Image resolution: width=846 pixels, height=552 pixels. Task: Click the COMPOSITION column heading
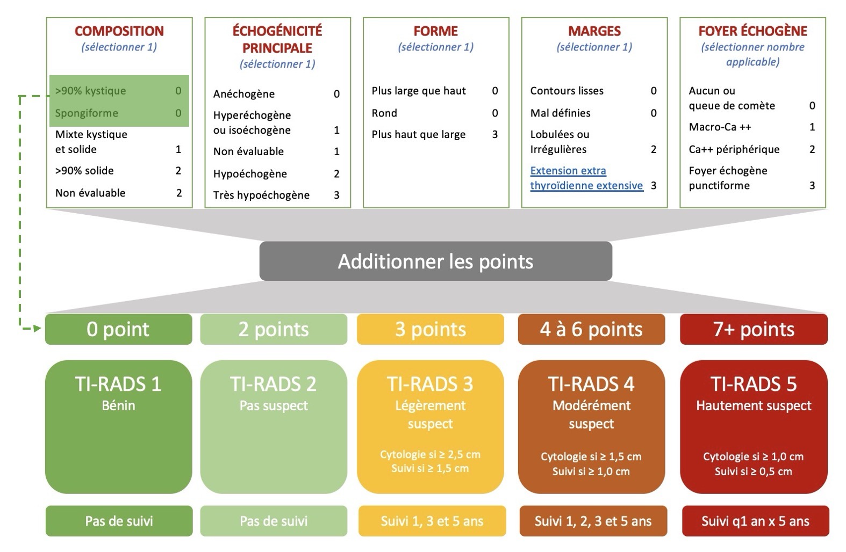point(119,31)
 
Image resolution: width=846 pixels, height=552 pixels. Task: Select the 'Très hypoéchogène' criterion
point(261,195)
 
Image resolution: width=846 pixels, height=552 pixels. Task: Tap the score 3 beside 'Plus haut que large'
point(495,135)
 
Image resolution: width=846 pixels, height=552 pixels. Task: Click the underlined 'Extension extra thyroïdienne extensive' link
point(586,178)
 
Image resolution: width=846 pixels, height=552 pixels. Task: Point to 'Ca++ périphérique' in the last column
point(734,149)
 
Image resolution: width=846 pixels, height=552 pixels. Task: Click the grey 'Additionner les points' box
point(435,261)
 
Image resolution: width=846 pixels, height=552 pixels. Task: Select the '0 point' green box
point(119,329)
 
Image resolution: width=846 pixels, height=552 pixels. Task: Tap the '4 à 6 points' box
point(591,329)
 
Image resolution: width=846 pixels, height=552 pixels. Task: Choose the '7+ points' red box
point(754,329)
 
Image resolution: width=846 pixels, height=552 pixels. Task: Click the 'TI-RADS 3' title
point(430,384)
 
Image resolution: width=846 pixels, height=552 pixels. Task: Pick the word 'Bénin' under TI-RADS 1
point(118,405)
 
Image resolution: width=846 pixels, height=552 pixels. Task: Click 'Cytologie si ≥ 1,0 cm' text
point(754,456)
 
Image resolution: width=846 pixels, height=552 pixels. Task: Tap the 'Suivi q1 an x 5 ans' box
point(755,521)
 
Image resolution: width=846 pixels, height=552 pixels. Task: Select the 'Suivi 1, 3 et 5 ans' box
point(432,521)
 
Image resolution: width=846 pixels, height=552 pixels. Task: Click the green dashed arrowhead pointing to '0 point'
point(37,329)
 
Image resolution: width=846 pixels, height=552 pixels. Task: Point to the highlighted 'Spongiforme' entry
point(87,113)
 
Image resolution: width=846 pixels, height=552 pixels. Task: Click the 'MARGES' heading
point(594,31)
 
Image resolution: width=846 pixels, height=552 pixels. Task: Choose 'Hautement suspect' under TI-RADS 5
point(754,405)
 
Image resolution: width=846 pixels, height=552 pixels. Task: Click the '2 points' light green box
point(274,329)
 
